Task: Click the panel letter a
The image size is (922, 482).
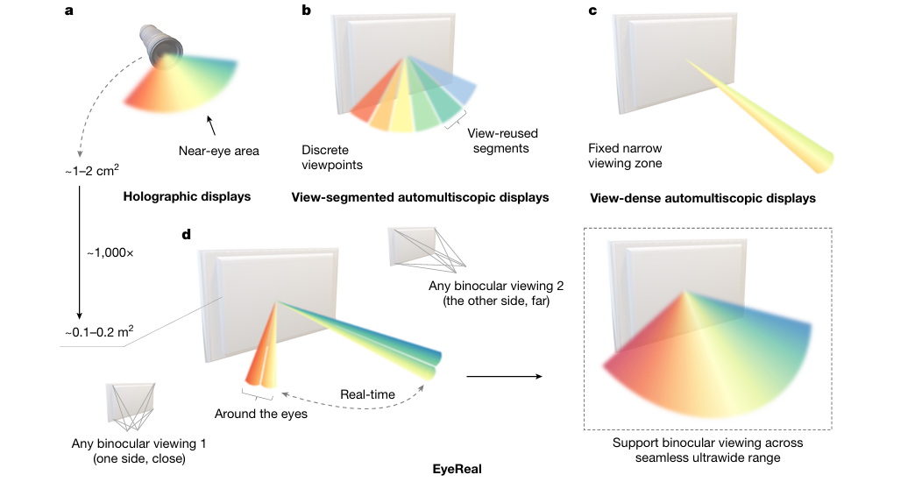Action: click(x=68, y=11)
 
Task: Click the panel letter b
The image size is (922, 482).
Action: click(x=306, y=11)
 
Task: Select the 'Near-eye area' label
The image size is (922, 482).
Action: click(x=218, y=151)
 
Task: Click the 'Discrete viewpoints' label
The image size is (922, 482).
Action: click(x=332, y=157)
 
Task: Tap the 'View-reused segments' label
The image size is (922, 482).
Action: click(x=502, y=141)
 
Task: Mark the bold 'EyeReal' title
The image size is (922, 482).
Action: click(x=457, y=469)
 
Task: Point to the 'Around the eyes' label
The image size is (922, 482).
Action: click(x=261, y=413)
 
